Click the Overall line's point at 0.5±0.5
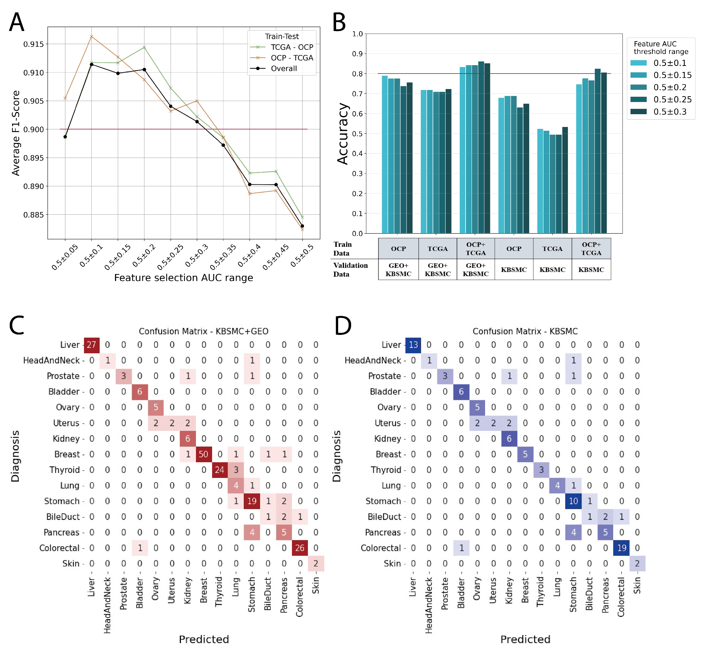[x=302, y=226]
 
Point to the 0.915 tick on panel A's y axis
[x=34, y=44]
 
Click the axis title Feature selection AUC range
[x=183, y=278]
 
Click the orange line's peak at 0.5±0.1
[x=91, y=36]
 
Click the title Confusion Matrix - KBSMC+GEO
[x=203, y=331]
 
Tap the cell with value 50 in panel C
[x=203, y=454]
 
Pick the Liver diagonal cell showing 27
[x=91, y=345]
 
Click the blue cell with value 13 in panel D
[x=413, y=345]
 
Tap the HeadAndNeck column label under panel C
[x=107, y=606]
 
